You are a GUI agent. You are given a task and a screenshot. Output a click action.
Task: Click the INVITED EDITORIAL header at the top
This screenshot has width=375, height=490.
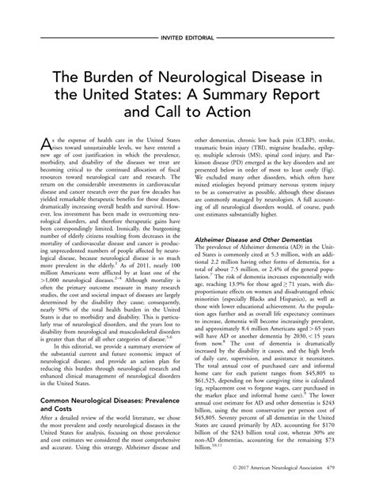(187, 37)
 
